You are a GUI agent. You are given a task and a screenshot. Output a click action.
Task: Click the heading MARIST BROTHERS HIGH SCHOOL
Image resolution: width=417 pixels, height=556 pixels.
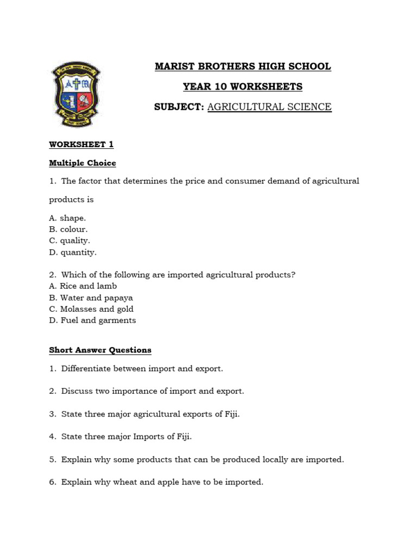pyautogui.click(x=243, y=66)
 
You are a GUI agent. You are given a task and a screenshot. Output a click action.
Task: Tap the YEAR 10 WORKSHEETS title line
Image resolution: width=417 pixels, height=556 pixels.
pyautogui.click(x=243, y=86)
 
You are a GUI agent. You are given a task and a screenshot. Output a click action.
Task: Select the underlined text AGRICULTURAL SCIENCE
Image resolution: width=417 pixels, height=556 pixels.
pyautogui.click(x=269, y=107)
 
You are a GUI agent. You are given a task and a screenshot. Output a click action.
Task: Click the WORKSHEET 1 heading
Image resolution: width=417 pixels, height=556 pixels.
pyautogui.click(x=81, y=144)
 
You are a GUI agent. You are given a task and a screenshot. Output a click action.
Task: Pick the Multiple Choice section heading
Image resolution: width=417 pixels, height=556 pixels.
pyautogui.click(x=83, y=163)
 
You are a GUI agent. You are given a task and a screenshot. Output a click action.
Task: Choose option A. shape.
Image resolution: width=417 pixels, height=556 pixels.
pyautogui.click(x=67, y=218)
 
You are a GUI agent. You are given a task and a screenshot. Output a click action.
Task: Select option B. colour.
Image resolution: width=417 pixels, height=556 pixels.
pyautogui.click(x=68, y=229)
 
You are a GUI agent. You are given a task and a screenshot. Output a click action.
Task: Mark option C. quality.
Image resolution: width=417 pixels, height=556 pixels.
pyautogui.click(x=69, y=241)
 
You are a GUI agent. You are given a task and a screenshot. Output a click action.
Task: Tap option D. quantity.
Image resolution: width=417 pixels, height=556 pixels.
pyautogui.click(x=73, y=252)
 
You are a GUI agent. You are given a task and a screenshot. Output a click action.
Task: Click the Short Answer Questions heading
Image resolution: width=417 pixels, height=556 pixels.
pyautogui.click(x=100, y=350)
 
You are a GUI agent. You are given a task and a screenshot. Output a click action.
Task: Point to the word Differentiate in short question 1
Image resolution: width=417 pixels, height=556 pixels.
pyautogui.click(x=86, y=368)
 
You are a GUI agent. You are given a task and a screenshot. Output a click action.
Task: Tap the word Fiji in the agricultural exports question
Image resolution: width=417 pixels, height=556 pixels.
pyautogui.click(x=231, y=414)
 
